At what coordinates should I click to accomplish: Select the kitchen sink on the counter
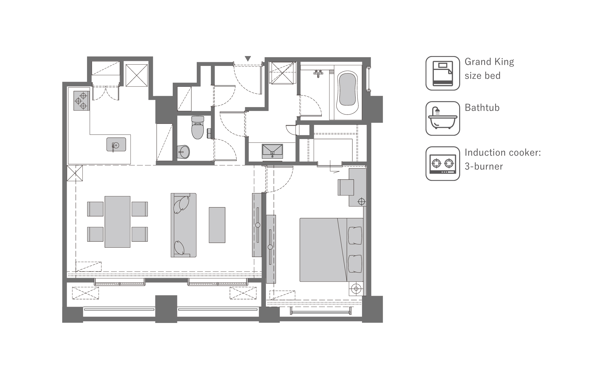click(x=116, y=144)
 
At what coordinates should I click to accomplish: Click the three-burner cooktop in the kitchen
click(x=81, y=101)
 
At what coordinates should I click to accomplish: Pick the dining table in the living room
click(x=117, y=222)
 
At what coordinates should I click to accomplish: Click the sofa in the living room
click(x=184, y=225)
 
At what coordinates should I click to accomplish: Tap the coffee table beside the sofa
click(x=217, y=225)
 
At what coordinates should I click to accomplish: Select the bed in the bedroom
click(x=331, y=250)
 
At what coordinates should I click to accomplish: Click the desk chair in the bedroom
click(x=346, y=187)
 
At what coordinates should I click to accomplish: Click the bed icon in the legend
click(x=443, y=73)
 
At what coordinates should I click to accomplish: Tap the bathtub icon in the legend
click(x=443, y=118)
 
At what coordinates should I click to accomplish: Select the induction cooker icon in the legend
click(x=443, y=163)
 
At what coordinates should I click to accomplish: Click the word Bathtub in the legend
click(x=482, y=108)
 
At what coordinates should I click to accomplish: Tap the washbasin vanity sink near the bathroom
click(x=272, y=151)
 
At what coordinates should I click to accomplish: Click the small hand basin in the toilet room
click(x=183, y=152)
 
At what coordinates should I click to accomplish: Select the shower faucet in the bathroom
click(x=318, y=73)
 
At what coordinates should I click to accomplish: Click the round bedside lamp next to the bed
click(x=356, y=289)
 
